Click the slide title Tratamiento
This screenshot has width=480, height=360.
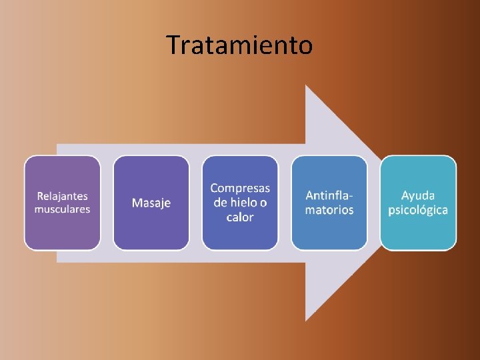pos(239,45)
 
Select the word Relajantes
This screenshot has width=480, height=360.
pos(62,196)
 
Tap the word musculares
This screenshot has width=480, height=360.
pos(62,209)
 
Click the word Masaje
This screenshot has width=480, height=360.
pos(151,203)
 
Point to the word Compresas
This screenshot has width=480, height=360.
pos(240,189)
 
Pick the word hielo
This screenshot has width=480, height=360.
pos(245,203)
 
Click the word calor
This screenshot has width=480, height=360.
pos(240,217)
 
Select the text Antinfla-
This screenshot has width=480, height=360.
pos(329,196)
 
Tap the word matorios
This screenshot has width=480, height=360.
pos(329,210)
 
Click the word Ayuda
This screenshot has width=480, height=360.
pos(418,196)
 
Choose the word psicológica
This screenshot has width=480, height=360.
pos(418,210)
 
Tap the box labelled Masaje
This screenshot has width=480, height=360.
pos(151,230)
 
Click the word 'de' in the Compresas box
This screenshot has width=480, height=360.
pos(221,203)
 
